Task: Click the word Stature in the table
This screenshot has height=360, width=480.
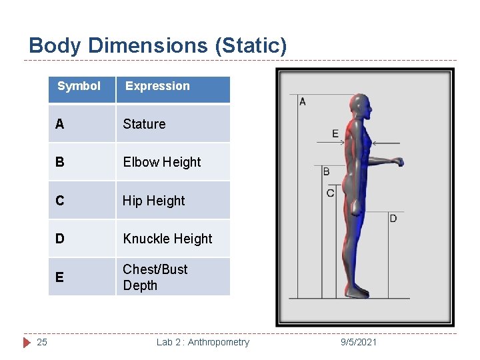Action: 144,124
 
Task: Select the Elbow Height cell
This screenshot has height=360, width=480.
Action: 162,162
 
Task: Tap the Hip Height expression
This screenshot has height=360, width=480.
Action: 154,201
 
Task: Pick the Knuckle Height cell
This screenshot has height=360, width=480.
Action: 167,239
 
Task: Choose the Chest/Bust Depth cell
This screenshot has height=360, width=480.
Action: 155,277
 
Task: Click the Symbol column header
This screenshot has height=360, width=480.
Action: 79,86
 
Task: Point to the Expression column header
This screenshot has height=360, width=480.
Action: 157,86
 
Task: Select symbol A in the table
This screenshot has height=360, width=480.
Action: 60,124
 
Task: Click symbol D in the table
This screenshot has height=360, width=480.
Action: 60,239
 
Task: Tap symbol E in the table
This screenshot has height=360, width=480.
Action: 60,277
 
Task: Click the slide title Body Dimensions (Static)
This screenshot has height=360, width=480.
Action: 158,46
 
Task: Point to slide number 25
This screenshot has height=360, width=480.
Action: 41,342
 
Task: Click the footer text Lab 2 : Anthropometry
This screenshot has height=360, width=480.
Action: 203,342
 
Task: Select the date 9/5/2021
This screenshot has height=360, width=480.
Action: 358,342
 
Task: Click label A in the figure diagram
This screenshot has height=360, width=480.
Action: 303,102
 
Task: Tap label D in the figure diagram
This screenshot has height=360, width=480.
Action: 393,219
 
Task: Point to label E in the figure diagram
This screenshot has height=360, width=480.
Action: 335,134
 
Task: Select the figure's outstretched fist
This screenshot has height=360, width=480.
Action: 397,161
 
